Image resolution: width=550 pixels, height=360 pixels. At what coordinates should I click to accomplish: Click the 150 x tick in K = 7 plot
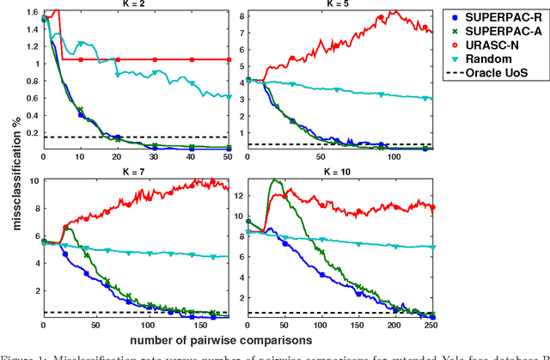200,326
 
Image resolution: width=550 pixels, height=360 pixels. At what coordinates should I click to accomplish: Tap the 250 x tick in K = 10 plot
429,326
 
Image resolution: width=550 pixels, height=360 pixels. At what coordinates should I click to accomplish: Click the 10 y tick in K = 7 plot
34,181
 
